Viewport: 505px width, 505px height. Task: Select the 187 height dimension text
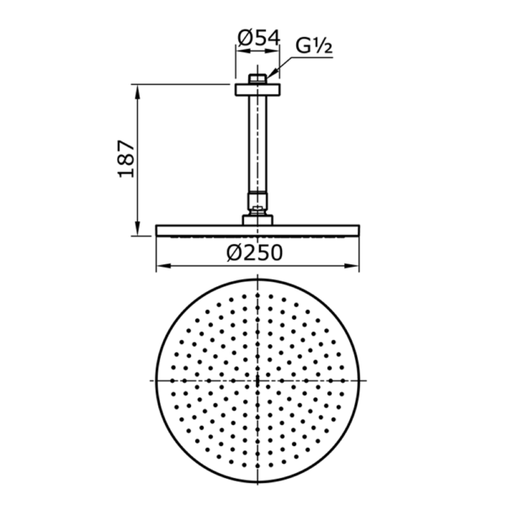126,158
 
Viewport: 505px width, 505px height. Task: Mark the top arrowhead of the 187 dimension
138,86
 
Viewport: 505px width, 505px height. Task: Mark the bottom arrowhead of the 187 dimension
138,233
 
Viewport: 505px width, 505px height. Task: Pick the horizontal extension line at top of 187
181,83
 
